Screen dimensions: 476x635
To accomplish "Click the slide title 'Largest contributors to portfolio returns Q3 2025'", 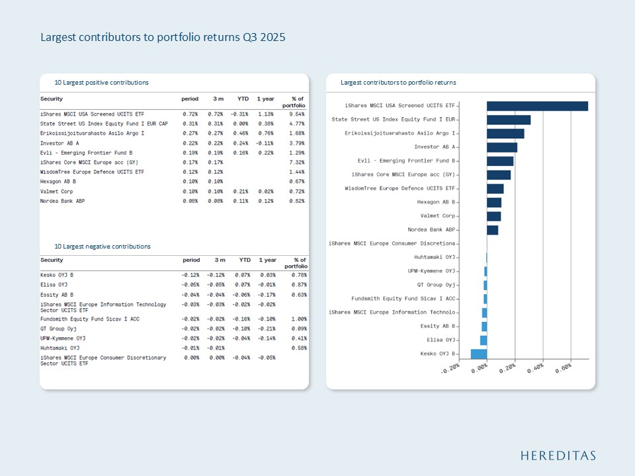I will [x=163, y=38].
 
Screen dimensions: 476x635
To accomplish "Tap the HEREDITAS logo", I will [x=558, y=456].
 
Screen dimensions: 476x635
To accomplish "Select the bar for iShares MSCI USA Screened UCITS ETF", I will [x=537, y=106].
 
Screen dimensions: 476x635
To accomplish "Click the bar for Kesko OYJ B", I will [x=479, y=354].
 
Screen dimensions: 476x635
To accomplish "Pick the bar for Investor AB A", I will [x=502, y=147].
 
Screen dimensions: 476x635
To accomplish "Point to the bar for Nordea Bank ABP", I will [x=492, y=230].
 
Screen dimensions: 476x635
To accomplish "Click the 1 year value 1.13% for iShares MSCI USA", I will [x=265, y=114].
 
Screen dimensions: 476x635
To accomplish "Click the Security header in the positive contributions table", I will [x=52, y=99].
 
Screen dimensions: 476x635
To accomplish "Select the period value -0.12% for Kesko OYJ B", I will [x=190, y=275].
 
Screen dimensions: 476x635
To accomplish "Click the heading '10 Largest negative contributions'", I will [x=103, y=247].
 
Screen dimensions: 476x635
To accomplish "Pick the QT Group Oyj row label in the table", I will [x=59, y=329].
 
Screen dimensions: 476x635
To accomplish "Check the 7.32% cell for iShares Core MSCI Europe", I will [x=296, y=162].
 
